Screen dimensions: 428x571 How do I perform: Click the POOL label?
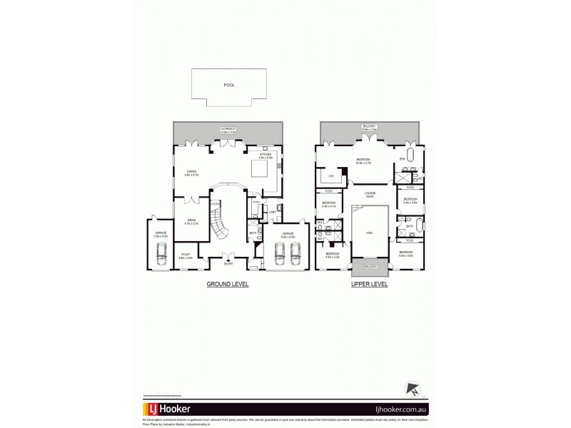pyautogui.click(x=228, y=85)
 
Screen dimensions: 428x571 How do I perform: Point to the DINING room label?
pyautogui.click(x=191, y=171)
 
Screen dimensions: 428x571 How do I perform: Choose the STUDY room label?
pyautogui.click(x=186, y=255)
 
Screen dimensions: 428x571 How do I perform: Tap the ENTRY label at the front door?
pyautogui.click(x=228, y=264)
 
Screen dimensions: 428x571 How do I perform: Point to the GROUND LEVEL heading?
pyautogui.click(x=228, y=284)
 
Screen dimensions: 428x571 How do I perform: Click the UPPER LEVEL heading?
pyautogui.click(x=369, y=284)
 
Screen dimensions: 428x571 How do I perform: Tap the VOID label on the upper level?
pyautogui.click(x=370, y=233)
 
